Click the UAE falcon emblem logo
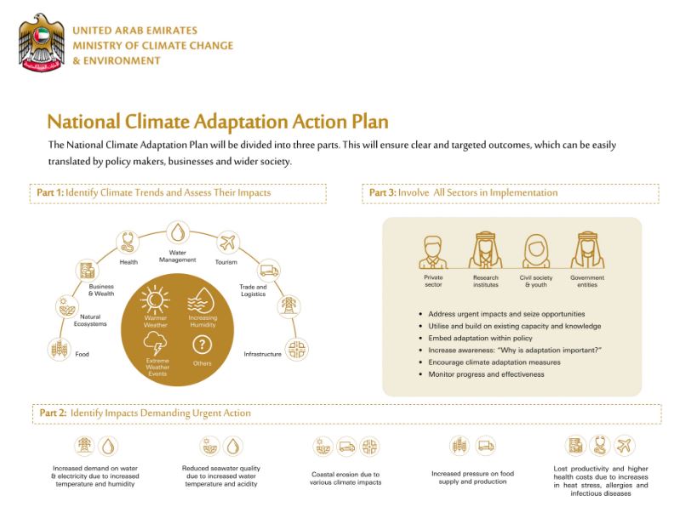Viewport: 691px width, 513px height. coord(40,42)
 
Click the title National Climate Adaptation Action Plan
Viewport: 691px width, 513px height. coord(217,121)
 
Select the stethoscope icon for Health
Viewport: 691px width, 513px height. coord(128,242)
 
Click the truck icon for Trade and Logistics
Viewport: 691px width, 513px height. coord(267,271)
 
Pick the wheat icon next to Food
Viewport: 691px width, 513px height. coord(59,350)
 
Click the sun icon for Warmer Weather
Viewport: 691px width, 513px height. coord(155,300)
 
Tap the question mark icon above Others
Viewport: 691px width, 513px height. coord(202,345)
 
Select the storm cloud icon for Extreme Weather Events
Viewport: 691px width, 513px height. coord(155,344)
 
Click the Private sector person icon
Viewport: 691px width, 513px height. coord(433,251)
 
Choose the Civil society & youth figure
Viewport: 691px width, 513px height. coord(536,251)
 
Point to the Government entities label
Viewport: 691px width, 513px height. coord(587,281)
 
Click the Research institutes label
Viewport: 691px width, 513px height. coord(486,281)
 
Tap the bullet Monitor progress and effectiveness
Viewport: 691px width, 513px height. coord(487,373)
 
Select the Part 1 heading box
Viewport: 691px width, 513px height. coord(178,193)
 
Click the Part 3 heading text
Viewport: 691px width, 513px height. coord(464,193)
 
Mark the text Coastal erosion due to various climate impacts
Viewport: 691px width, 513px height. coord(345,477)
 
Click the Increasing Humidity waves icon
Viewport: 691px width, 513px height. coord(202,300)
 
